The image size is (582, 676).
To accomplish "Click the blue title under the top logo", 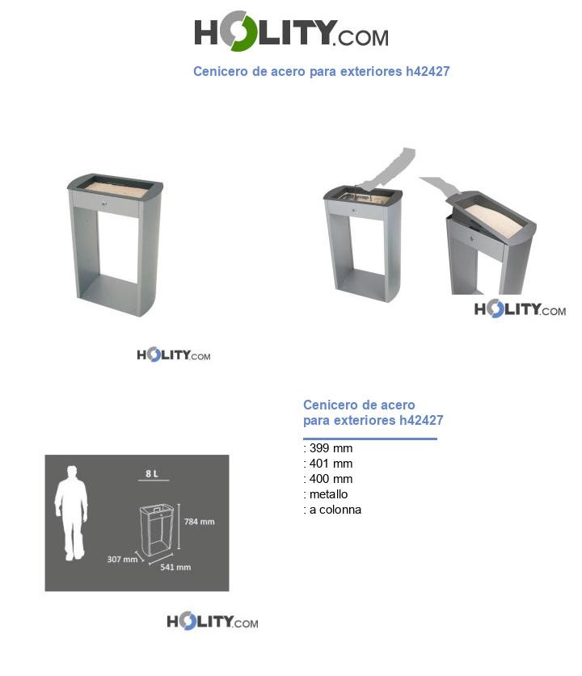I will [321, 72].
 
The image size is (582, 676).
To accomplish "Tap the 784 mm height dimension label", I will [198, 522].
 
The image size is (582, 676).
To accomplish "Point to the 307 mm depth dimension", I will [122, 559].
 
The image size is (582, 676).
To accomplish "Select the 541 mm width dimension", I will [175, 567].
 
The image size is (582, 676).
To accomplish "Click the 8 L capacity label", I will [152, 473].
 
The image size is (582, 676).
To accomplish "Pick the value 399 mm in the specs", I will [331, 448].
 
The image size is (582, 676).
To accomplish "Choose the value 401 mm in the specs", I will [331, 464].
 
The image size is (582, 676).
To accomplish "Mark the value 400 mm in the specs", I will [331, 479].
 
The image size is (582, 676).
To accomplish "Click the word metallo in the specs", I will [328, 494].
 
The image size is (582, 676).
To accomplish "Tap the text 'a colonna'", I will [335, 510].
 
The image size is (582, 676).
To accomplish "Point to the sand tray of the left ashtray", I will [115, 188].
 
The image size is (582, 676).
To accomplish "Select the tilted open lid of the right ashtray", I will [492, 216].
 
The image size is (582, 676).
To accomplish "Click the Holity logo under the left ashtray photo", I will [173, 355].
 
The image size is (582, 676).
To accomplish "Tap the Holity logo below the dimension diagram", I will [212, 622].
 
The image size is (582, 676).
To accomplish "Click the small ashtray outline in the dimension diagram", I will [157, 530].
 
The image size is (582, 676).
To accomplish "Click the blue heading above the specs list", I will [373, 413].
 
